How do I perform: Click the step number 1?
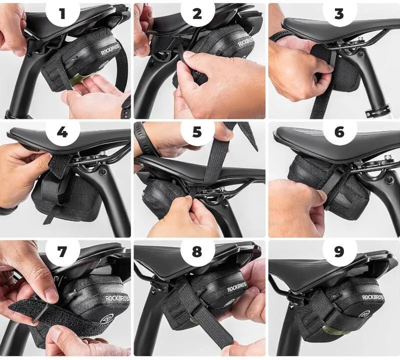tap(62, 13)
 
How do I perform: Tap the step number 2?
tap(197, 13)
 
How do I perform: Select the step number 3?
tap(339, 13)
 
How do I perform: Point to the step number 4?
tap(62, 132)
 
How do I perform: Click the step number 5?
tap(197, 132)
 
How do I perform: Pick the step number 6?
tap(339, 132)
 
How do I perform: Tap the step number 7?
tap(62, 251)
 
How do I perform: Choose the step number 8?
tap(197, 251)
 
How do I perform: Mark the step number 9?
tap(339, 251)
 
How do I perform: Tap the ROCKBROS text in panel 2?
tap(245, 41)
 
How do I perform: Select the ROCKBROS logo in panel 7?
tap(117, 298)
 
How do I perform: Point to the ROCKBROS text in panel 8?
tap(237, 287)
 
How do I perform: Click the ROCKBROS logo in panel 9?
tap(373, 297)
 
